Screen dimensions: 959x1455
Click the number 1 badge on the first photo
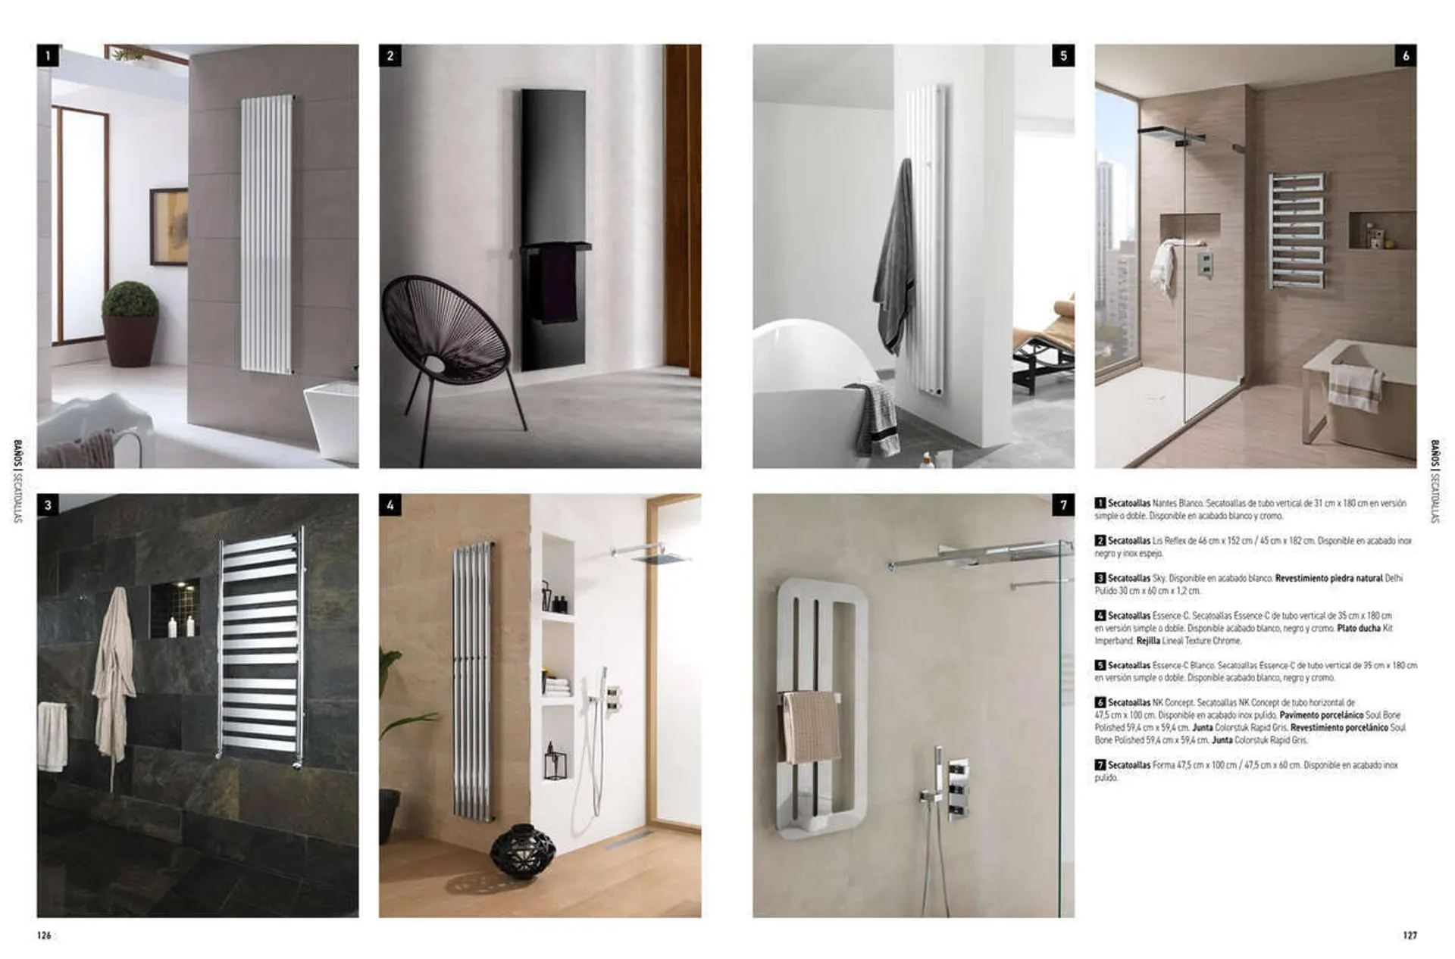pyautogui.click(x=48, y=55)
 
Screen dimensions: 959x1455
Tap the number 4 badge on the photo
pyautogui.click(x=390, y=505)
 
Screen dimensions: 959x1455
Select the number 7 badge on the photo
pyautogui.click(x=1063, y=505)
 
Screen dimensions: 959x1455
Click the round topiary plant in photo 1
pyautogui.click(x=130, y=301)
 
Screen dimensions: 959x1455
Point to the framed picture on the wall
pyautogui.click(x=168, y=226)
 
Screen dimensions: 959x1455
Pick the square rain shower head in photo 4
pyautogui.click(x=661, y=558)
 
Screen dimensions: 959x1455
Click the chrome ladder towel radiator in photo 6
pyautogui.click(x=1297, y=230)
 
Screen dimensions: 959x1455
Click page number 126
pyautogui.click(x=44, y=936)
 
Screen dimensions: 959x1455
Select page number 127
pyautogui.click(x=1410, y=936)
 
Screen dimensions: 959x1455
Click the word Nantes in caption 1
pyautogui.click(x=1166, y=503)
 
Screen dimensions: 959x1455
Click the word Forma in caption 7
pyautogui.click(x=1163, y=765)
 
